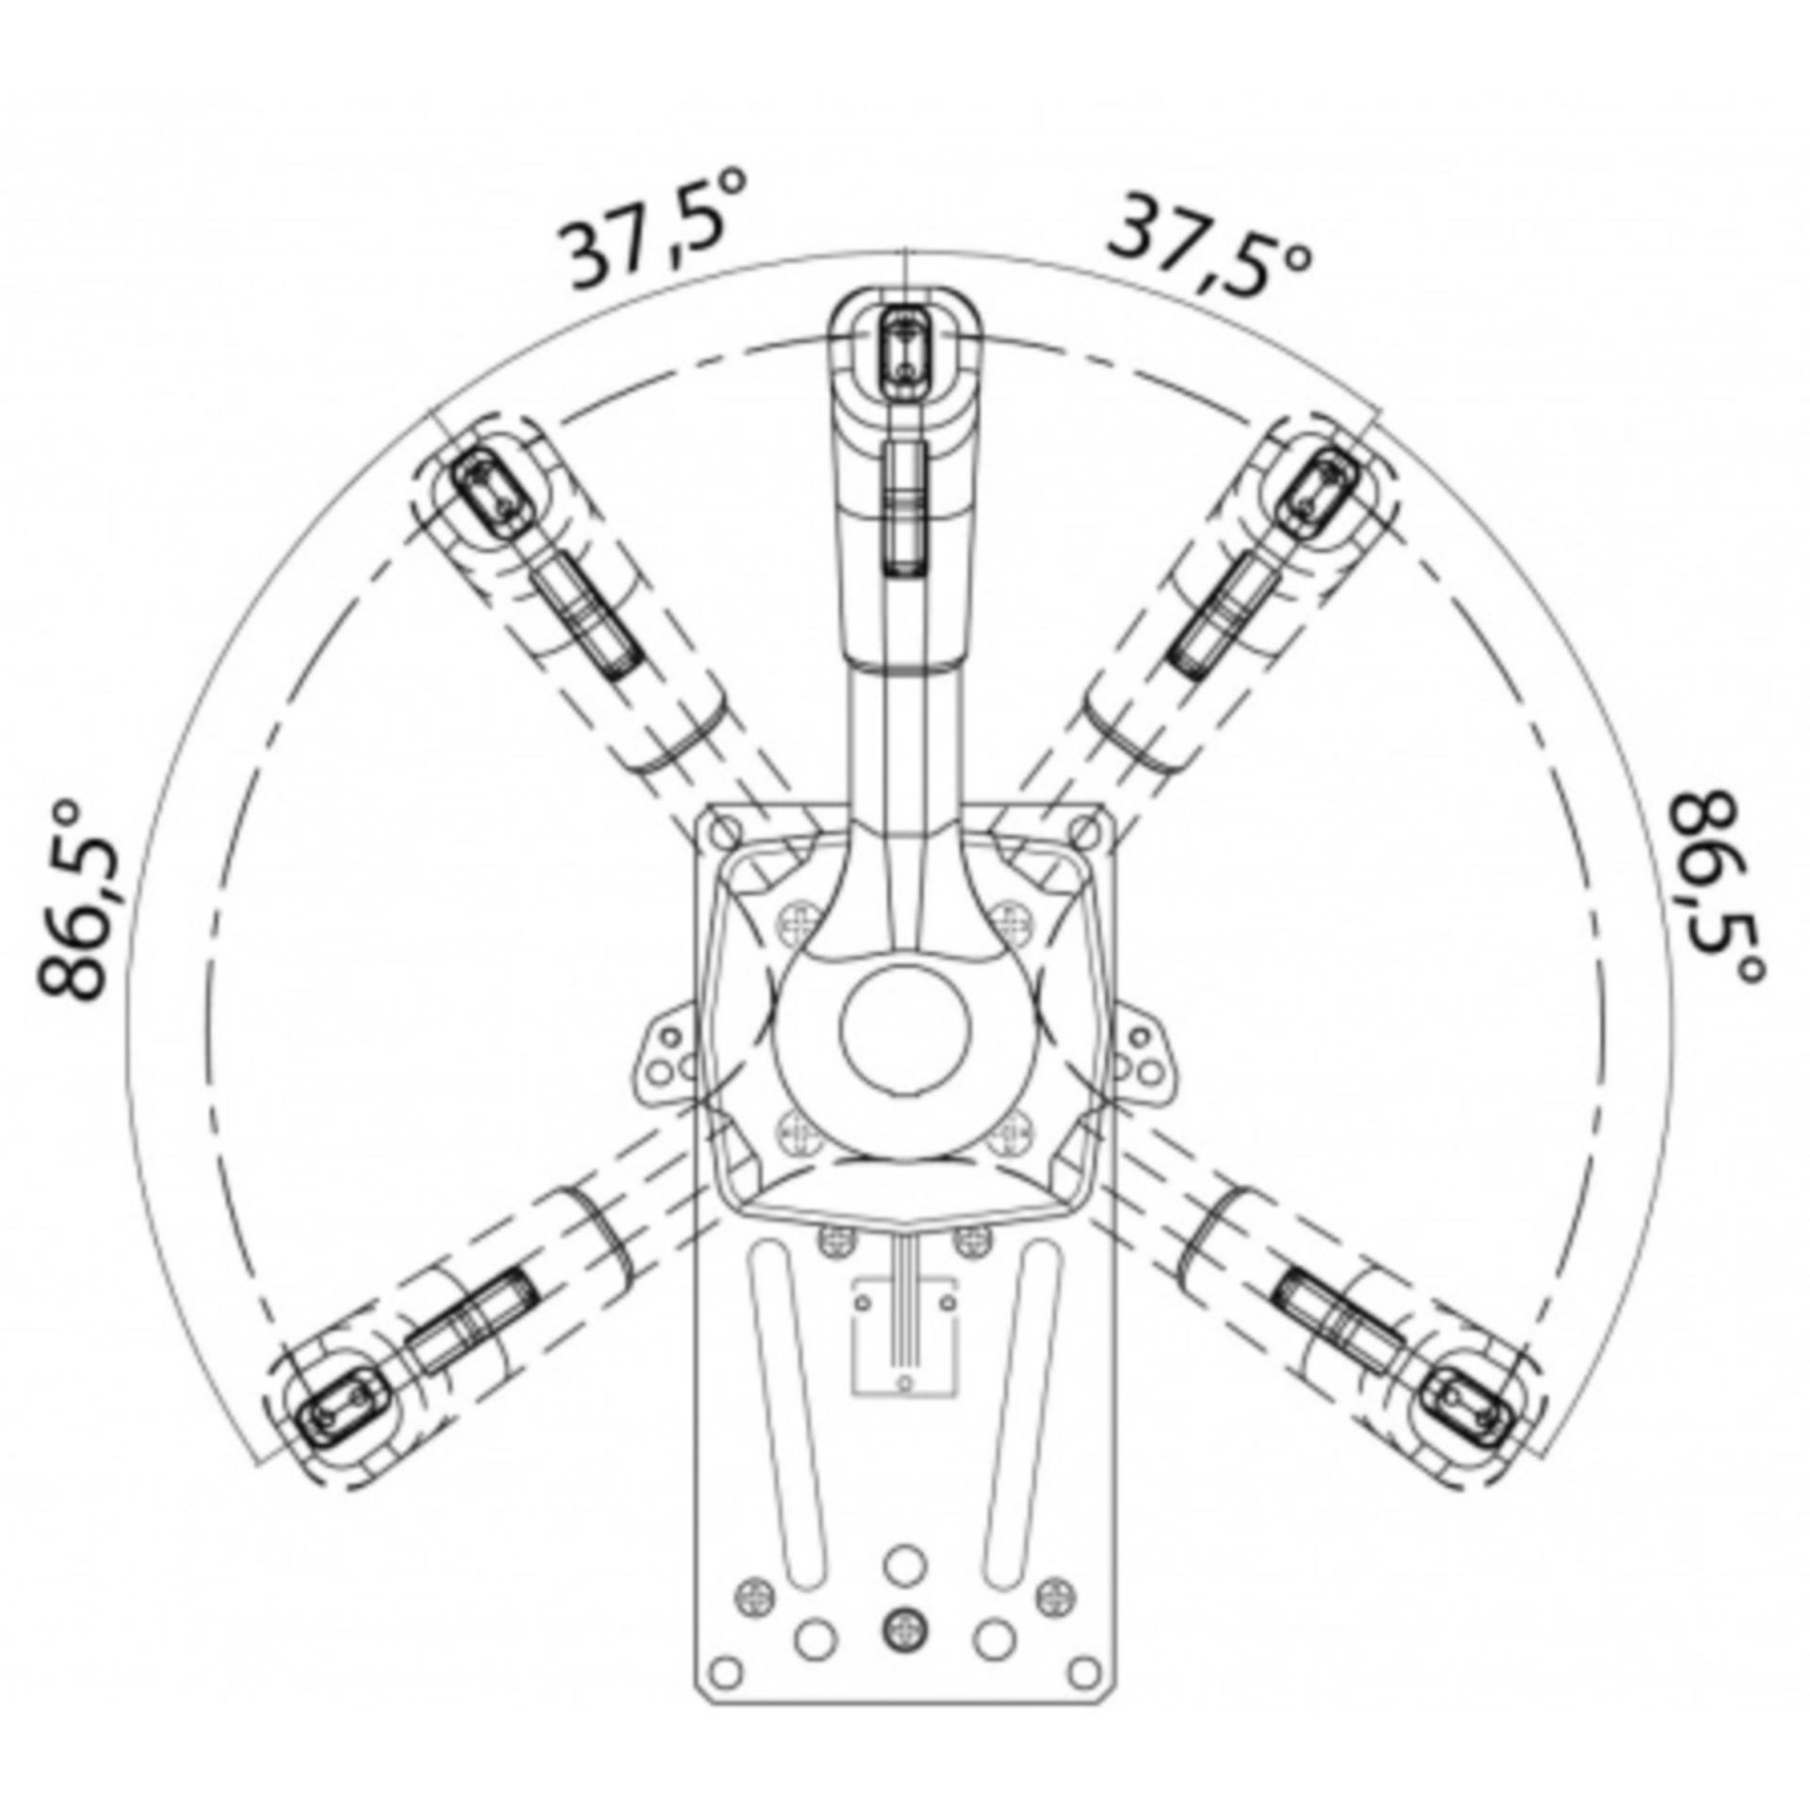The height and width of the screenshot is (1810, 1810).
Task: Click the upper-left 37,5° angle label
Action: coord(651,229)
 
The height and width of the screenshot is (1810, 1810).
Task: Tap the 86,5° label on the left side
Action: coord(81,901)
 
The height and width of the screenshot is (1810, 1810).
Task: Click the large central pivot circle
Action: coord(905,1030)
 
